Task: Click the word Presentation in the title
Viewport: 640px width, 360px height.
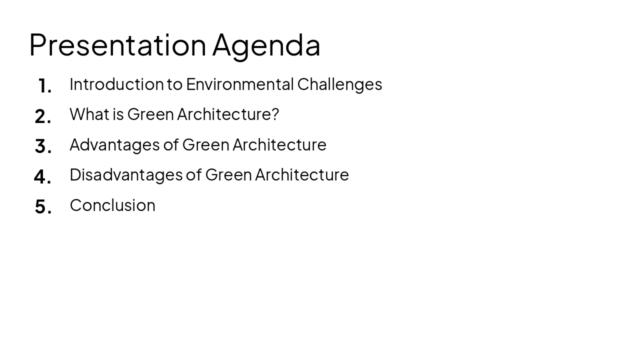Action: (x=117, y=45)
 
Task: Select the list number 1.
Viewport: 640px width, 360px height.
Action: (x=44, y=86)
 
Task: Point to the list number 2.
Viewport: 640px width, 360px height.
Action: (x=42, y=116)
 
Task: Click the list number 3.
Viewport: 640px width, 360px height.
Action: (x=42, y=146)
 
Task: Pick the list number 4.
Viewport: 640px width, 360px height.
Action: (x=42, y=176)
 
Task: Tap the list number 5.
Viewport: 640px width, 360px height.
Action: (x=42, y=206)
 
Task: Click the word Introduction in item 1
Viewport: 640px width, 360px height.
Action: (x=116, y=84)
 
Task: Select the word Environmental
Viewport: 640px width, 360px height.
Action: (x=239, y=84)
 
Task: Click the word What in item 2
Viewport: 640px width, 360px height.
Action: (x=89, y=114)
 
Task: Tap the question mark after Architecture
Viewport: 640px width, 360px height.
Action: (x=274, y=114)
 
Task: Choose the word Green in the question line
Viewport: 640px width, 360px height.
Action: (x=150, y=114)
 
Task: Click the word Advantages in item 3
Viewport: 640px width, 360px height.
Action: (x=114, y=145)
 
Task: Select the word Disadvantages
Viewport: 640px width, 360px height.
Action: (x=126, y=175)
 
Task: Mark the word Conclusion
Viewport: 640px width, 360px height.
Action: (x=112, y=205)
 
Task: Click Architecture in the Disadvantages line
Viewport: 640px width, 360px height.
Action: (x=301, y=175)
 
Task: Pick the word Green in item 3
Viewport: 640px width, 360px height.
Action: (x=205, y=145)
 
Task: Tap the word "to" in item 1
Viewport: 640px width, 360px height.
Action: (x=174, y=84)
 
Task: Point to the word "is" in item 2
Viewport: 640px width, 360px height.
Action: (x=118, y=114)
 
